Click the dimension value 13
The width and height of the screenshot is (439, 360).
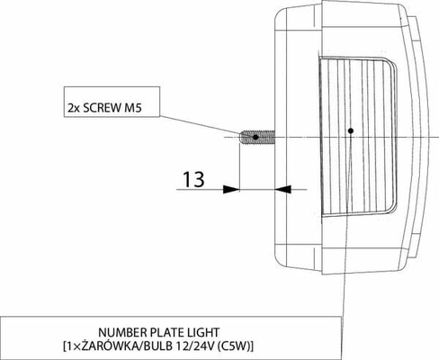[x=193, y=179]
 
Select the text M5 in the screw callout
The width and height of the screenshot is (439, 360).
[x=133, y=108]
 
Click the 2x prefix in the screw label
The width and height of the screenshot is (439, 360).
[x=73, y=108]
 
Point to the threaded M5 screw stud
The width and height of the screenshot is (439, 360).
[x=257, y=137]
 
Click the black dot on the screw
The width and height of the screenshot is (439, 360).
[x=255, y=137]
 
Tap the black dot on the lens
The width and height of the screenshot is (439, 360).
[x=351, y=130]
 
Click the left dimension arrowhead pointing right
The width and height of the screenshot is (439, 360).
[x=231, y=189]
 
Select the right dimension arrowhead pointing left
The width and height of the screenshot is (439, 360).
[x=283, y=189]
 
